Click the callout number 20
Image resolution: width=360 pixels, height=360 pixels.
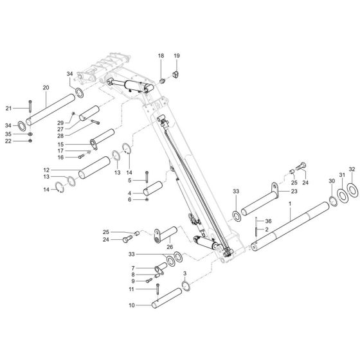pyautogui.click(x=45, y=87)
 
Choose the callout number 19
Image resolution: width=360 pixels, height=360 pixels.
pyautogui.click(x=176, y=57)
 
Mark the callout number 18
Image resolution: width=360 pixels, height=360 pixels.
pyautogui.click(x=161, y=57)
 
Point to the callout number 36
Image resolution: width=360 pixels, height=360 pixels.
pyautogui.click(x=269, y=221)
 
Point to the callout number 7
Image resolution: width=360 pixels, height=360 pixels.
pyautogui.click(x=132, y=268)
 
